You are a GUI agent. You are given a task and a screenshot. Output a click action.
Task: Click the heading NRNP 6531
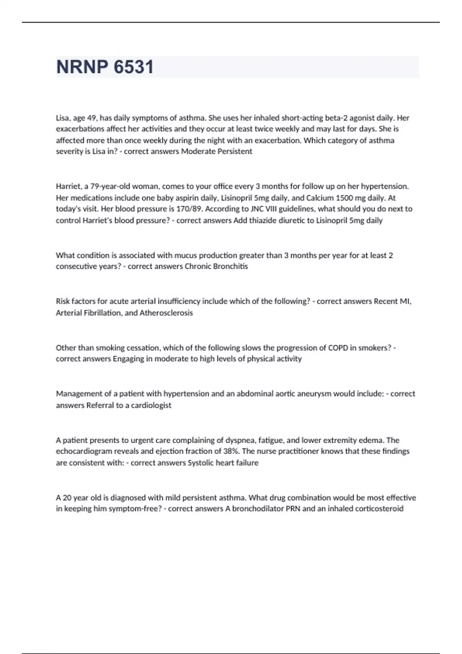105,67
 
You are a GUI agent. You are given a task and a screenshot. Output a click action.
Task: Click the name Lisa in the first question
62,118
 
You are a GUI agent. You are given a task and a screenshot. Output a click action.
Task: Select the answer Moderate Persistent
216,151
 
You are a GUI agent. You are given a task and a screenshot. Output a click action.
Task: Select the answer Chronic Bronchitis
216,266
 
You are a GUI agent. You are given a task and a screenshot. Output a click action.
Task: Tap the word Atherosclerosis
166,313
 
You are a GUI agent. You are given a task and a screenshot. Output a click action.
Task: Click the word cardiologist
151,405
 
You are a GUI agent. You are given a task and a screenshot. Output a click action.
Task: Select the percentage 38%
230,451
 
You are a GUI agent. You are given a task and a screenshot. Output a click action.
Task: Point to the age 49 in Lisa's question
92,118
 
